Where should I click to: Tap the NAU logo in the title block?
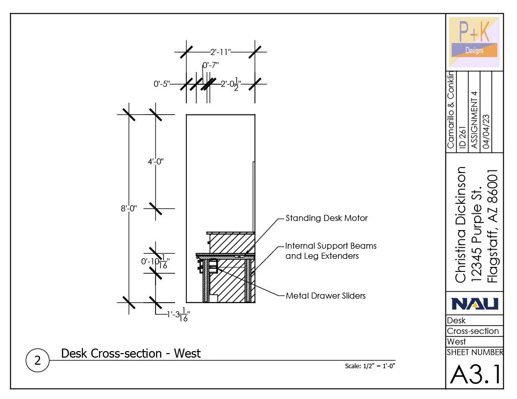click(x=475, y=303)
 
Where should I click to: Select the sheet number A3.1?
click(x=475, y=374)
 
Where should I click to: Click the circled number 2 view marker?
click(x=37, y=361)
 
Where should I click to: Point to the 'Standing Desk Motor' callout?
click(x=327, y=218)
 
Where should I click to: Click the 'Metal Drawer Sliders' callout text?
click(x=326, y=296)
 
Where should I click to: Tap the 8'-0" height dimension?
click(x=129, y=208)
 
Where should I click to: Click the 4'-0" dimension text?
click(x=156, y=162)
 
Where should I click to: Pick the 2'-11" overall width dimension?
click(x=221, y=51)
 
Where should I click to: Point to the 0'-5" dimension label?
click(x=162, y=84)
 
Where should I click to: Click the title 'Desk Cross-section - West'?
click(x=131, y=353)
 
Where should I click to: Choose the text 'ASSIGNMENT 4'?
click(x=475, y=120)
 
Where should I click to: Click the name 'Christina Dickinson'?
click(x=460, y=224)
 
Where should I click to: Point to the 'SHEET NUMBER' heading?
click(x=475, y=352)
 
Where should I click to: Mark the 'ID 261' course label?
click(x=462, y=137)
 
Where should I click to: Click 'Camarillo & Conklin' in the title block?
click(x=451, y=110)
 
